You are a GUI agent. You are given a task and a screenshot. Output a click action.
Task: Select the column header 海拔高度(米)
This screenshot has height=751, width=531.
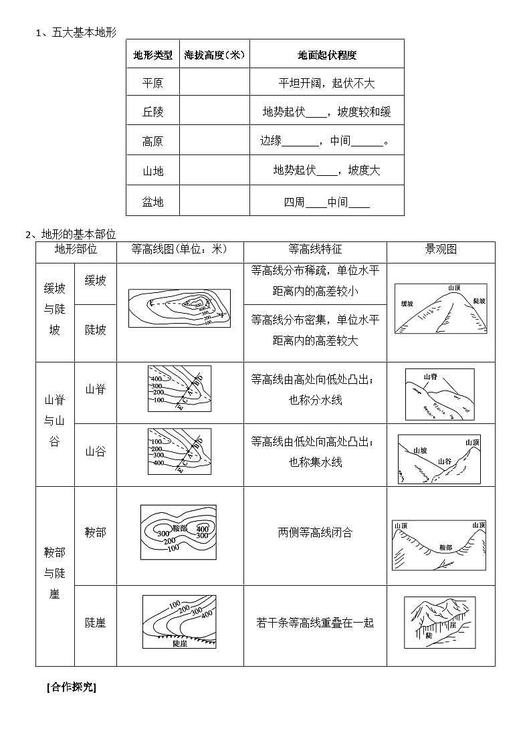click(214, 55)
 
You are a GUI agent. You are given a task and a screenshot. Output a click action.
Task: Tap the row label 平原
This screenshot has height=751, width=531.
click(152, 83)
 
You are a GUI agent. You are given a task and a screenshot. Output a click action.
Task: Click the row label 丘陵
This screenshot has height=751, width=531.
click(152, 112)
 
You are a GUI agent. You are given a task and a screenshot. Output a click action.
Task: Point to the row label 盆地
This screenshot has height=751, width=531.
click(152, 201)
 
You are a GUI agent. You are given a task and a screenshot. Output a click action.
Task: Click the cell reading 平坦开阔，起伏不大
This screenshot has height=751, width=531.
click(326, 83)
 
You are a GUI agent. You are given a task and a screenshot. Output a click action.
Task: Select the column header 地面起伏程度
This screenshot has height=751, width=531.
click(326, 55)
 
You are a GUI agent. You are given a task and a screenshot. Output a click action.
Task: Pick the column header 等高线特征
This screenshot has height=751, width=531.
click(315, 249)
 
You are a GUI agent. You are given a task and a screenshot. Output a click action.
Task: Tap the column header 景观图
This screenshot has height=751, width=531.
click(441, 249)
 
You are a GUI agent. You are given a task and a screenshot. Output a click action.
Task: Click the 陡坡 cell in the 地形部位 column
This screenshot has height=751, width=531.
click(96, 330)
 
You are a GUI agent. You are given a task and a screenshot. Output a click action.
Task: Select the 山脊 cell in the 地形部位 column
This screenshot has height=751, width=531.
click(96, 389)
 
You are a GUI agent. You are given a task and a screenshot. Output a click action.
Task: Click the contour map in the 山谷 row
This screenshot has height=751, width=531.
click(179, 451)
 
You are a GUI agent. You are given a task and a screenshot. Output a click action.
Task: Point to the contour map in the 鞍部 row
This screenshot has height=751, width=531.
click(179, 532)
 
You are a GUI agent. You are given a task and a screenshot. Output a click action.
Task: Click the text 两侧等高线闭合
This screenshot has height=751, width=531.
click(315, 532)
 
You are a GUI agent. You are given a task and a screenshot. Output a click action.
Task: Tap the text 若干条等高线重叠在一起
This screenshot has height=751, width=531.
click(315, 623)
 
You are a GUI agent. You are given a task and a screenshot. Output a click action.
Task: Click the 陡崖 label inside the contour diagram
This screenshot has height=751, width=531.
click(179, 643)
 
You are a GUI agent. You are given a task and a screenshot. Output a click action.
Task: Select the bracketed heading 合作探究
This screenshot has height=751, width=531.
click(72, 687)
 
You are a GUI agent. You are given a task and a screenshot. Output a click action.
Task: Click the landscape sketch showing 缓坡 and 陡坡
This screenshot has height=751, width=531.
click(441, 308)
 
